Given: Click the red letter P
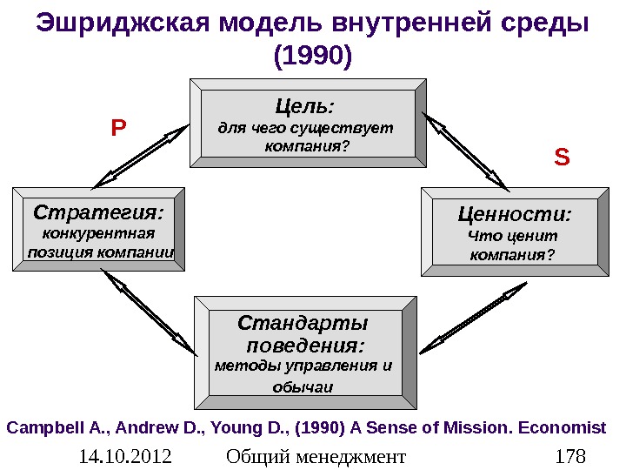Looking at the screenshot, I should [118, 129].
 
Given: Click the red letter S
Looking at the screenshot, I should [562, 158].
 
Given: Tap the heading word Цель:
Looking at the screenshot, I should [304, 107].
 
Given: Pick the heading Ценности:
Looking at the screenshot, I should [515, 214].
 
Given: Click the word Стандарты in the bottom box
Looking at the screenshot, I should [303, 324].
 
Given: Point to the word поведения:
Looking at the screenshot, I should [303, 346].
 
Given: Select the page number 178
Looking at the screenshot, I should [570, 455].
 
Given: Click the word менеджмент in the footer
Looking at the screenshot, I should [353, 455].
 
